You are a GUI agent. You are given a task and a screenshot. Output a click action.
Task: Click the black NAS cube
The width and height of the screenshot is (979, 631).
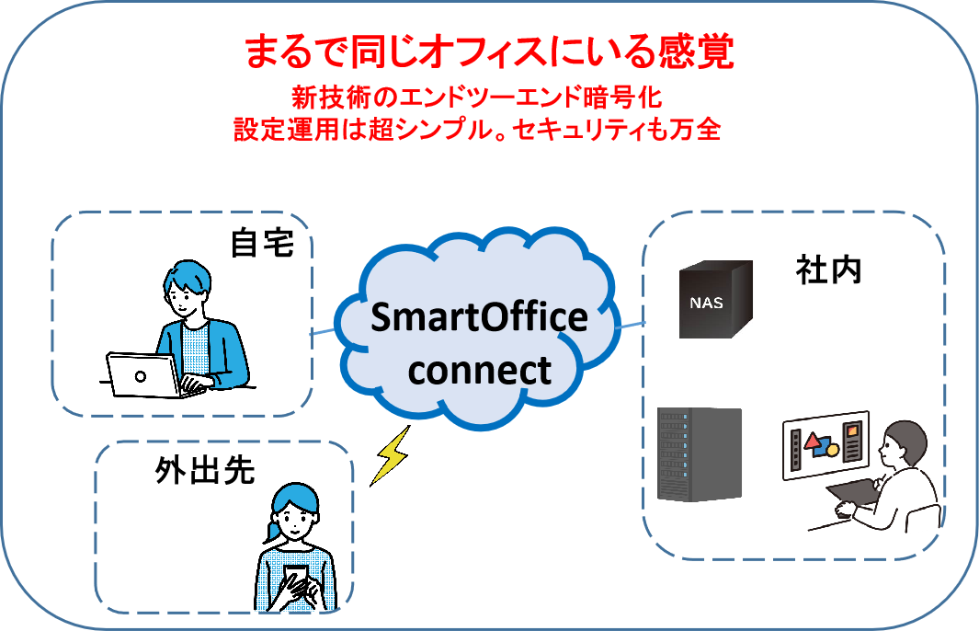pyautogui.click(x=715, y=299)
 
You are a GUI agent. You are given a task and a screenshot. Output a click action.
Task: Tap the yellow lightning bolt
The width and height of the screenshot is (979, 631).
pyautogui.click(x=391, y=455)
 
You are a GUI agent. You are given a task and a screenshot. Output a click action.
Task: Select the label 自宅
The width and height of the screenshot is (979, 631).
pyautogui.click(x=262, y=243)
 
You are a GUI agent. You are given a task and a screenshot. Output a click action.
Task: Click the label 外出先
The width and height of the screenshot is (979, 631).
pyautogui.click(x=205, y=471)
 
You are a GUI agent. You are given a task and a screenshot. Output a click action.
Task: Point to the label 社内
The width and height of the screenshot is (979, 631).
pyautogui.click(x=828, y=270)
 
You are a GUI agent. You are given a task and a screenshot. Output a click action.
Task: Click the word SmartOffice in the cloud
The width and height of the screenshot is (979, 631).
pyautogui.click(x=479, y=317)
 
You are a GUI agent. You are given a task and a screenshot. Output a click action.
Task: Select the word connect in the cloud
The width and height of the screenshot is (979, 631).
pyautogui.click(x=480, y=371)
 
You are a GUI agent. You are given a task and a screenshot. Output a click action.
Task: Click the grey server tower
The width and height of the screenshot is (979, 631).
pyautogui.click(x=700, y=454)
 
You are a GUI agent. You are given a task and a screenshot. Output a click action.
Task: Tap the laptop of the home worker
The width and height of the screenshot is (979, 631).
pyautogui.click(x=148, y=375)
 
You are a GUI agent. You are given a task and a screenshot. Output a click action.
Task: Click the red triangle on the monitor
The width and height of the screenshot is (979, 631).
pyautogui.click(x=813, y=442)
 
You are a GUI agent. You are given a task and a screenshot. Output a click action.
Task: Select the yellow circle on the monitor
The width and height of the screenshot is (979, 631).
pyautogui.click(x=832, y=450)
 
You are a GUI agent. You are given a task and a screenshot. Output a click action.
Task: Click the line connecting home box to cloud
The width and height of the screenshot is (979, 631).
pyautogui.click(x=323, y=330)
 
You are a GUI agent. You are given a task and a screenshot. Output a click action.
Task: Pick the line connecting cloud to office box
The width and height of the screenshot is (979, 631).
pyautogui.click(x=631, y=325)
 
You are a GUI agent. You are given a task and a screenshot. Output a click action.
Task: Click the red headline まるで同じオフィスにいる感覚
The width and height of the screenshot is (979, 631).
pyautogui.click(x=489, y=52)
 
